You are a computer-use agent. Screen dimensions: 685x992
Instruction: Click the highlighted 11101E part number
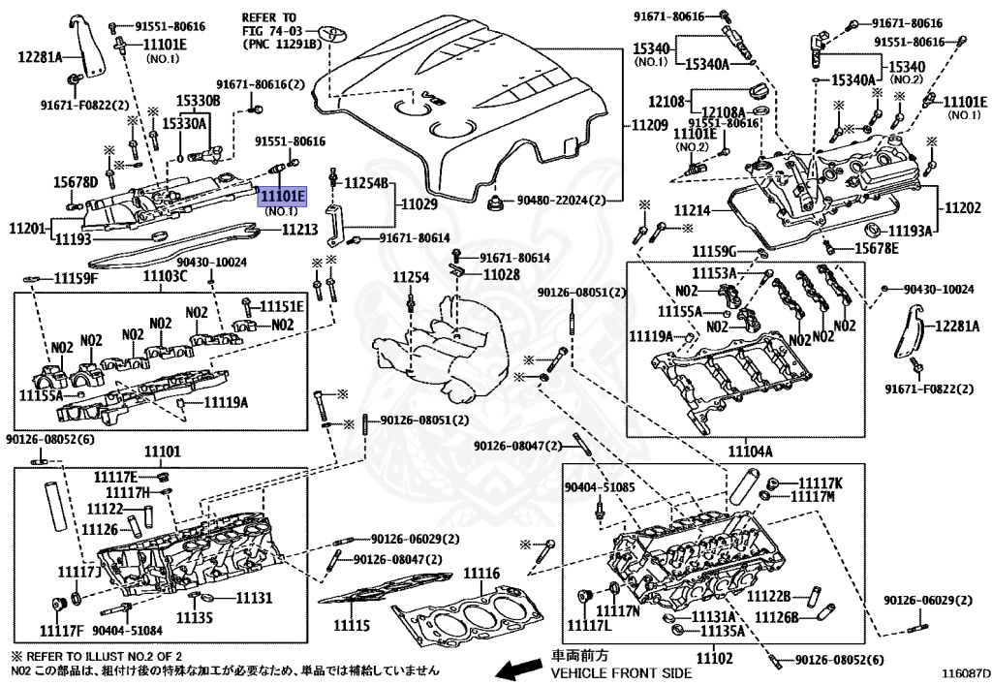pos(281,197)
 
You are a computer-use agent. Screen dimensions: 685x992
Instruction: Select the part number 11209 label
pos(650,125)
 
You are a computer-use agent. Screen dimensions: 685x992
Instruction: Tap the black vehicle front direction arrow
pos(517,668)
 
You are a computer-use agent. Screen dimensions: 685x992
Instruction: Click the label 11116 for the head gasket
pos(480,574)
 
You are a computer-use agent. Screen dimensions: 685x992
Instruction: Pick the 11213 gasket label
pos(299,230)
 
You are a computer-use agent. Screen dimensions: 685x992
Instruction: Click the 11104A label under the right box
pos(750,451)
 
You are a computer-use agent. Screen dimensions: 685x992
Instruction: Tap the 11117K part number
pos(820,483)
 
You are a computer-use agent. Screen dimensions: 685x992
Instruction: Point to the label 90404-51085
pos(599,487)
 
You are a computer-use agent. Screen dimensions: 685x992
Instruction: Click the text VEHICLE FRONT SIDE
pos(621,672)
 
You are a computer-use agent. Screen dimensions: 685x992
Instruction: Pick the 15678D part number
pos(75,182)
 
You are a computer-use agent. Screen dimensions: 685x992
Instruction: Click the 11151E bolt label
pos(285,306)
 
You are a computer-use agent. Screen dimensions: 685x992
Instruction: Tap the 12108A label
pos(723,111)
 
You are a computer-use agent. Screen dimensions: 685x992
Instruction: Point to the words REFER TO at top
pos(270,17)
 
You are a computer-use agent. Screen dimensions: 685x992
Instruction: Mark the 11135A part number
pos(717,631)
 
